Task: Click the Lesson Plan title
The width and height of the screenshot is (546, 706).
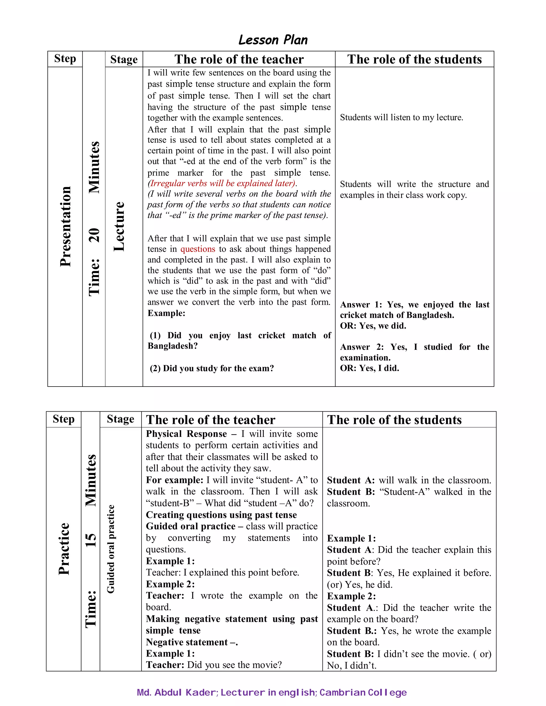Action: pos(273,40)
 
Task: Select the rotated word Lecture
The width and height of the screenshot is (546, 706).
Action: pos(119,226)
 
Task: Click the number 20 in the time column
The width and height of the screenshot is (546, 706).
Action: pos(94,235)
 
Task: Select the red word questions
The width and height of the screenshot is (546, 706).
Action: pos(197,249)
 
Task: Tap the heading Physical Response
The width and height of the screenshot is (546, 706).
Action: pos(186,434)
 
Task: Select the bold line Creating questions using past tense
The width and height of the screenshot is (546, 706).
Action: pos(221,515)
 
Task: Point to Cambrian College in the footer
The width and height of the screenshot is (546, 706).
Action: pos(363,692)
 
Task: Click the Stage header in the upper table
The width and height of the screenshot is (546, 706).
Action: pos(124,59)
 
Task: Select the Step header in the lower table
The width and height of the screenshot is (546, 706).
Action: pos(63,419)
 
